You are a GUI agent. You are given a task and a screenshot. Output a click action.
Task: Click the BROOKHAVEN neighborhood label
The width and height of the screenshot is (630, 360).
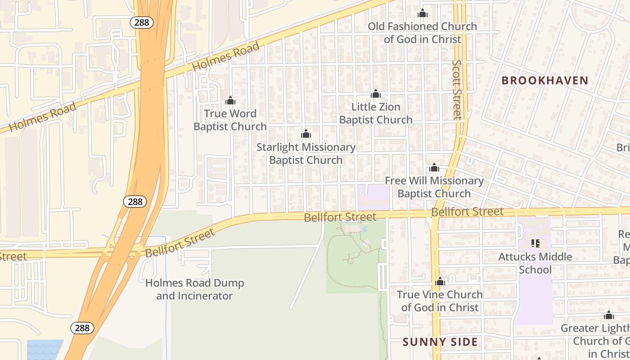pos(545,81)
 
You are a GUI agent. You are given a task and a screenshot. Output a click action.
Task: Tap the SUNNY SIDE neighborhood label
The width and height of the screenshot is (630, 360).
pos(440,342)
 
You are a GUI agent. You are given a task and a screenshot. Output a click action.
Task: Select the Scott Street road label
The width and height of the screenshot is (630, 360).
pos(457,90)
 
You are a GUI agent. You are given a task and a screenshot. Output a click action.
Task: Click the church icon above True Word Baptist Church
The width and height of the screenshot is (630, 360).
pos(230,100)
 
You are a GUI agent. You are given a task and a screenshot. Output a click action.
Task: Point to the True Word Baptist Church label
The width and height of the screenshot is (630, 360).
pos(230,120)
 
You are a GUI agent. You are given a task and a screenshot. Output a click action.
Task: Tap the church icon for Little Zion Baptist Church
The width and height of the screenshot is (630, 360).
pos(376,94)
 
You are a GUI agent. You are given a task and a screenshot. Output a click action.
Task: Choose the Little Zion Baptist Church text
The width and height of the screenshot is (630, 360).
pos(376,113)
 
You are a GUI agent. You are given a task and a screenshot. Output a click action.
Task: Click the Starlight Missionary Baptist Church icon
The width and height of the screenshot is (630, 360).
pos(306,134)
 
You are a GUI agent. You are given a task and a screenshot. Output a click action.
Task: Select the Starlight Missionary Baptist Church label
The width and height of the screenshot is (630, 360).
pos(306,153)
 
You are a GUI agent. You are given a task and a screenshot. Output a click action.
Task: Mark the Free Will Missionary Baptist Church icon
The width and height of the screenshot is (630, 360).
pos(434,168)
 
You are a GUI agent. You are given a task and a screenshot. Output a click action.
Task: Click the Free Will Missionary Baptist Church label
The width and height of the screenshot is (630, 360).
pos(434,187)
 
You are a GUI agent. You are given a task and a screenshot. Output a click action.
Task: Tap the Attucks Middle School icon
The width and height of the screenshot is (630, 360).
pos(535,243)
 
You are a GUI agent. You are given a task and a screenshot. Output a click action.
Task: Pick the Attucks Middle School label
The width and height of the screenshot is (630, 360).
pos(535,263)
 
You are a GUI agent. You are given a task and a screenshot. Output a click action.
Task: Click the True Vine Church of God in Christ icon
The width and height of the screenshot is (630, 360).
pos(440,282)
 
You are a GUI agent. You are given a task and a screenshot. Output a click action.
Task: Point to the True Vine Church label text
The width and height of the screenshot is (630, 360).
pos(440,301)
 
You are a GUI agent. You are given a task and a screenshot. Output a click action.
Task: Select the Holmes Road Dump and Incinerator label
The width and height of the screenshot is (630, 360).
pos(195,289)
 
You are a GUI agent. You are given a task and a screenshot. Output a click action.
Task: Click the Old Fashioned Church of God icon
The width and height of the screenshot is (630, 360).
pos(422,13)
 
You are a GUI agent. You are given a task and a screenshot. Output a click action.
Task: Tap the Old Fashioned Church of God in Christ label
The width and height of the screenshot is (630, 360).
pos(422,33)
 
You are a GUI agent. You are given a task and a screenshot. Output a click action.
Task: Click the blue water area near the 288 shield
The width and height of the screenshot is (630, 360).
pos(45,350)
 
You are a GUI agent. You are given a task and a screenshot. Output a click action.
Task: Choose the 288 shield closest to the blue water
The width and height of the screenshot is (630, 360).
pos(82,328)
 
